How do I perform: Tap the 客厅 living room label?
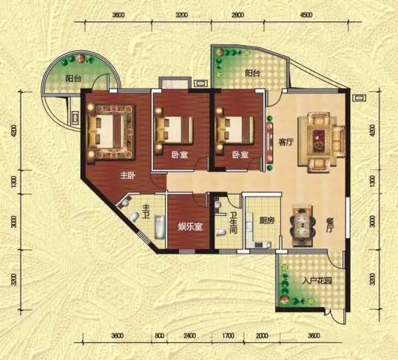coord(286,142)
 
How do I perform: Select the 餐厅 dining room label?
coord(329,225)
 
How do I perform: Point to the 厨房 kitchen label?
coord(267,220)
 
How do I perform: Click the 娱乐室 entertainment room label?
coord(190,226)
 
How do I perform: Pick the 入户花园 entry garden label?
coord(318,281)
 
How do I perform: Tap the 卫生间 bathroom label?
coord(233,223)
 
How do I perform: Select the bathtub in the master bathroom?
coord(159,228)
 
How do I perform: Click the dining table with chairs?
coord(303,225)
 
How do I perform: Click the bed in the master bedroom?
coord(110,132)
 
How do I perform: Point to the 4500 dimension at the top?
coord(306,16)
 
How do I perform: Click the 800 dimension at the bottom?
coord(159,336)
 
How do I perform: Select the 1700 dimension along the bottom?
coord(228,336)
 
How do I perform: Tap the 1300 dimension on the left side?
coord(15,182)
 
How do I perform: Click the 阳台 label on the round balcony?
coord(73,78)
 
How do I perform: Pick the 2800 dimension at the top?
coord(237,16)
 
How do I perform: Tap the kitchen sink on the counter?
coord(260,245)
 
